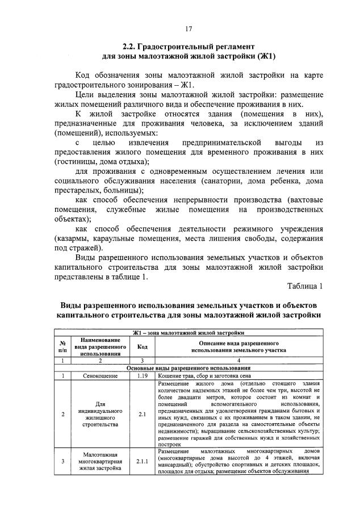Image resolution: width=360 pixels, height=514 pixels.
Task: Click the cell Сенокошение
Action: pos(100,375)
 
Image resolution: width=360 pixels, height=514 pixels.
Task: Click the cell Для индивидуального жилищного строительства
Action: pos(100,413)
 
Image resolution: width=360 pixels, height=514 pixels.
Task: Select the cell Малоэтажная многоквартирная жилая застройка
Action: pos(100,461)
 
